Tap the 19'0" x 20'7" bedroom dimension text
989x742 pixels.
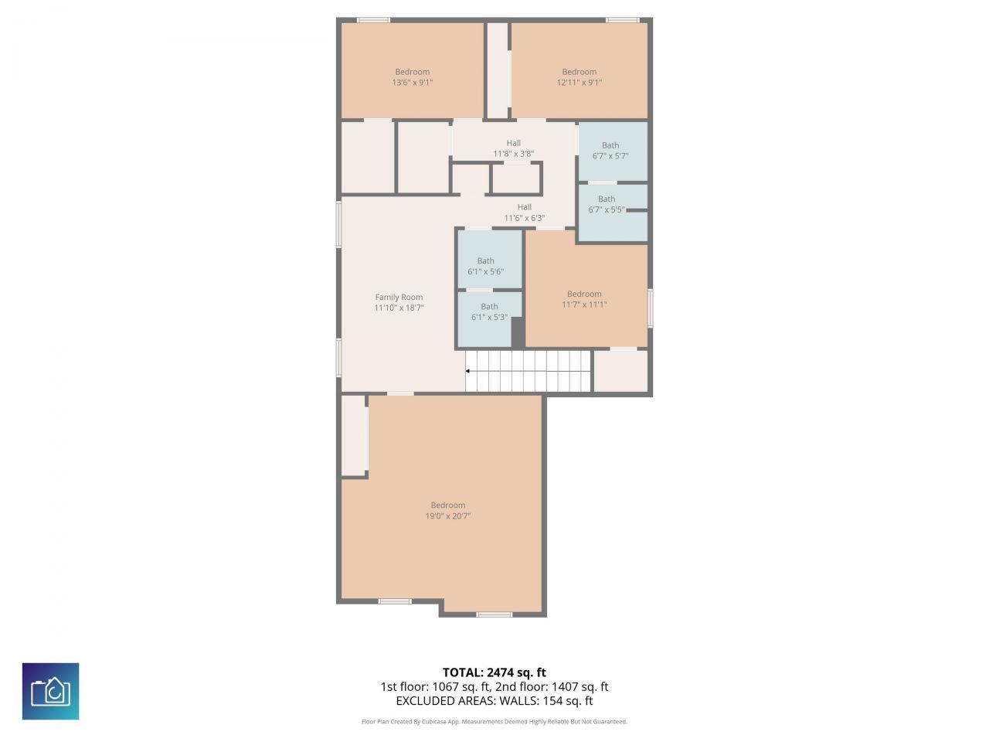(x=447, y=516)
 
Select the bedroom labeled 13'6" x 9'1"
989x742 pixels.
(x=412, y=77)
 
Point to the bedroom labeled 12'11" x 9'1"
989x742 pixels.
(x=579, y=77)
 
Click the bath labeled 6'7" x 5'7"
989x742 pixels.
(x=610, y=150)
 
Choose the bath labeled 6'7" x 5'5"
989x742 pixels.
(x=607, y=204)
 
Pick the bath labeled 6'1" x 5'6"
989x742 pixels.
(x=485, y=266)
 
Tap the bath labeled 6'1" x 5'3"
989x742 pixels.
(x=489, y=311)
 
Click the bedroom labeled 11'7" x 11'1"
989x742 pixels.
(x=584, y=298)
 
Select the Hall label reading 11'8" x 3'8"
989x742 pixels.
(x=514, y=148)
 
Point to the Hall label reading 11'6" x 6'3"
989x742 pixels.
(x=524, y=213)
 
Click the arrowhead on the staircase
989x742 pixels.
(x=468, y=371)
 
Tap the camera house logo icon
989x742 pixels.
(x=50, y=691)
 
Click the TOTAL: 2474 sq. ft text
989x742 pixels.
(x=494, y=672)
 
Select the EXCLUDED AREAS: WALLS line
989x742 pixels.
(x=494, y=701)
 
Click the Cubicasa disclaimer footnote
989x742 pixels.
(x=494, y=722)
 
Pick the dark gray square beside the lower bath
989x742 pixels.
(x=518, y=332)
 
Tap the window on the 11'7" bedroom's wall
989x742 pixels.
(x=651, y=308)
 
